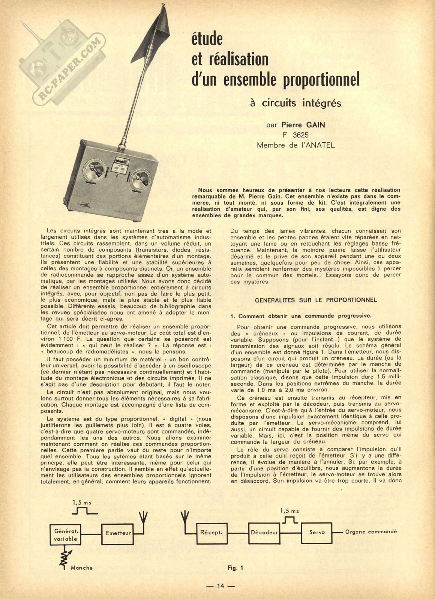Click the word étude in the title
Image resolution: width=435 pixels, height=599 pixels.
click(x=207, y=39)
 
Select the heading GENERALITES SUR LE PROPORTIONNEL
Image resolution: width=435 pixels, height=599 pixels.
click(x=316, y=300)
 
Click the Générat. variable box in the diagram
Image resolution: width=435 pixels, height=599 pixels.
click(x=66, y=535)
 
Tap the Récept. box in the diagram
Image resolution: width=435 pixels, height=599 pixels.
click(x=211, y=532)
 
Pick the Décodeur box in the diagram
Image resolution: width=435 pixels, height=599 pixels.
click(x=264, y=532)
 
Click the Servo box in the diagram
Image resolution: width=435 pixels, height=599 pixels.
click(x=317, y=532)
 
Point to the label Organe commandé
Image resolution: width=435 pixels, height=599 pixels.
click(x=370, y=532)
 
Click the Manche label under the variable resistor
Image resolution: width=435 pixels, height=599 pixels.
click(x=81, y=568)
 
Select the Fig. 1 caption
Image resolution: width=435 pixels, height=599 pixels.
click(x=235, y=568)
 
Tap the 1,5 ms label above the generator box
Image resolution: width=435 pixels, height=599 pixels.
click(x=82, y=503)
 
